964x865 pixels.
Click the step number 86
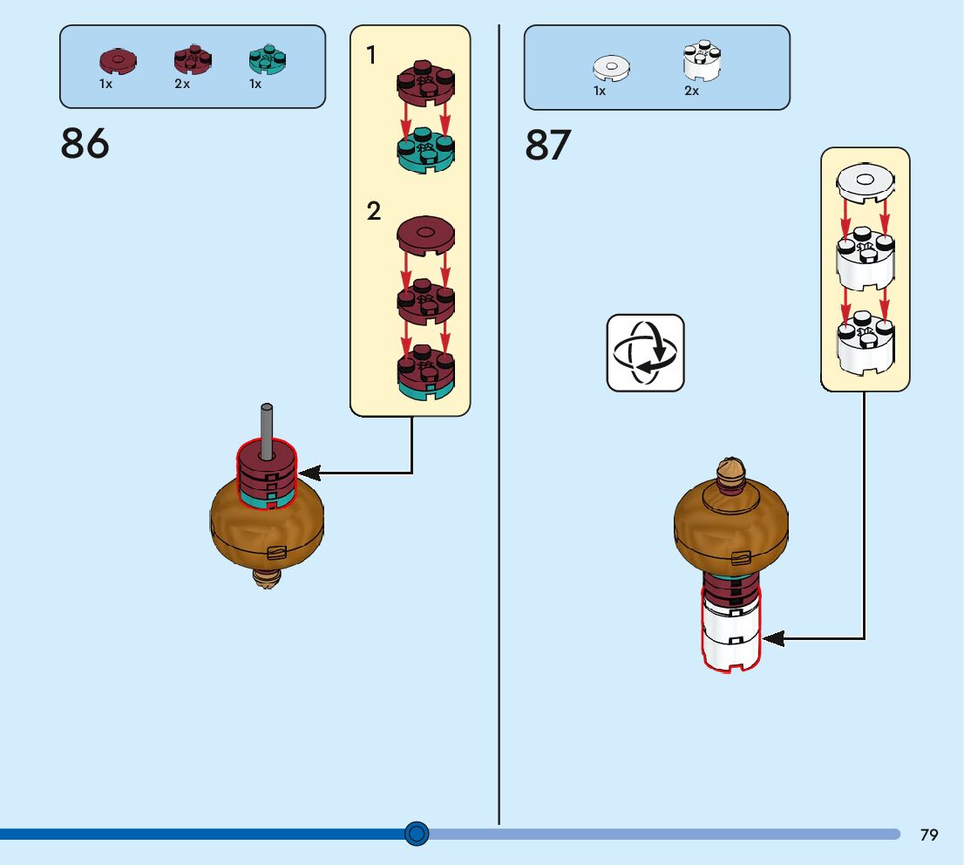pos(85,143)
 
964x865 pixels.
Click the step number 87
pos(547,146)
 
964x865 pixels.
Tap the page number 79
pos(929,834)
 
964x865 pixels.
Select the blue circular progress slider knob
pos(417,834)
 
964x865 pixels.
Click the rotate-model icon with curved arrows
pos(646,353)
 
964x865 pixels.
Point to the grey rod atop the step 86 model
pos(266,432)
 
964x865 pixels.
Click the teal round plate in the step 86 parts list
pos(268,59)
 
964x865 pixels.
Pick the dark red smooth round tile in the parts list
pos(118,62)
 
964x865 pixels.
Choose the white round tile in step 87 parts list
pos(612,68)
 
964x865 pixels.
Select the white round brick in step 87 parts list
pos(703,61)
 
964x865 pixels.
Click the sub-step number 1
pos(370,55)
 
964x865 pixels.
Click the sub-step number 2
pos(373,211)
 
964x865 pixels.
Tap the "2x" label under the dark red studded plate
pos(182,84)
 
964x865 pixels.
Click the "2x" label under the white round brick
pos(692,91)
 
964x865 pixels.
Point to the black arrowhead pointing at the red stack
pos(309,473)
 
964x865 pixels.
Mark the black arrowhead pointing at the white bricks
pos(773,638)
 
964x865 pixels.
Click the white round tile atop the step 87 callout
pos(865,183)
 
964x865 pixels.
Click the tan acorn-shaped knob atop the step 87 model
pos(730,472)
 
